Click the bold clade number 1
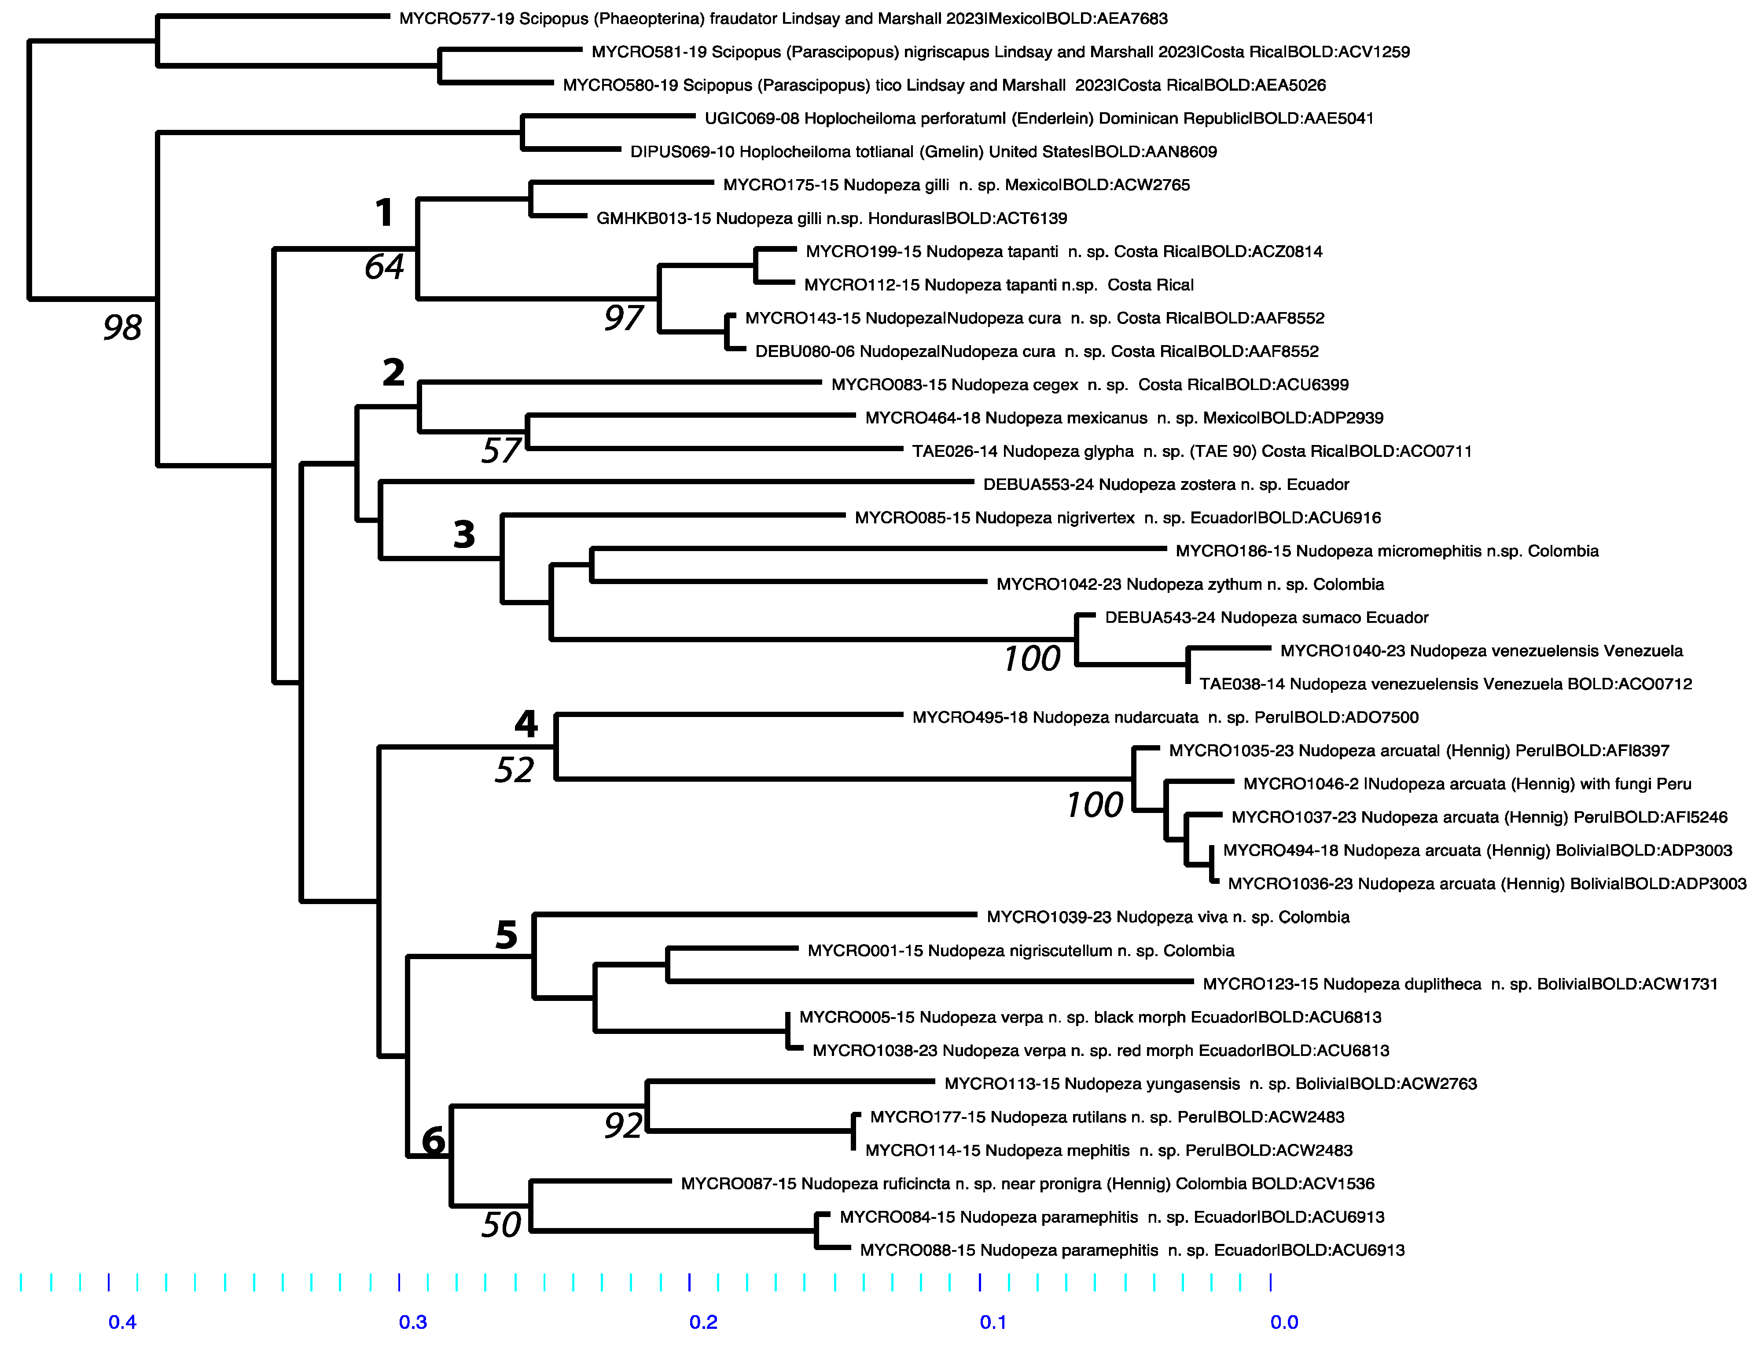coord(385,213)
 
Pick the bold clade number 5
coord(506,935)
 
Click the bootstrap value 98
coord(123,327)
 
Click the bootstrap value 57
coord(501,451)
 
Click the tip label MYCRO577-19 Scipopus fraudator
coord(783,18)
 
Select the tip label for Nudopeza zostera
coord(1166,485)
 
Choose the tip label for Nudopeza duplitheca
coord(1460,984)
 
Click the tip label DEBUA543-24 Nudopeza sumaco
coord(1266,618)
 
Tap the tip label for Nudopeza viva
coord(1167,917)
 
